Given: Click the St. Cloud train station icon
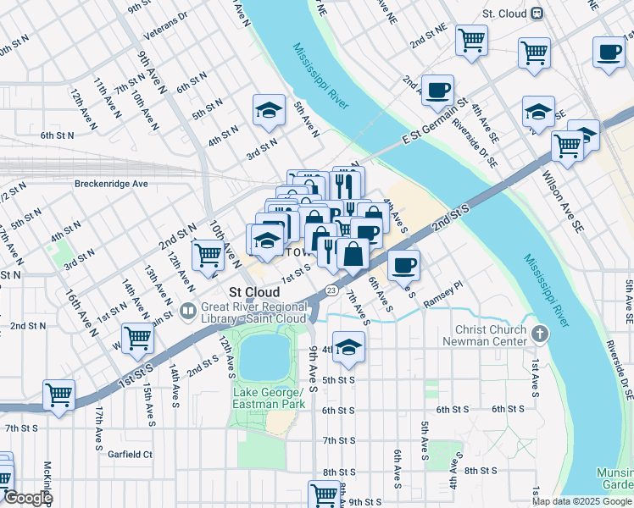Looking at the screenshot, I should tap(537, 14).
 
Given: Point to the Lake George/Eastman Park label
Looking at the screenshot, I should tap(266, 399).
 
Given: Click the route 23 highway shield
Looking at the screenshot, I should tap(331, 290).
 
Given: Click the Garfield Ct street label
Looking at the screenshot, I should tap(130, 455).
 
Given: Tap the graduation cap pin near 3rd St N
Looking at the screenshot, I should tap(269, 111).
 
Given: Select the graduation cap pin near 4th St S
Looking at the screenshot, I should tap(348, 346).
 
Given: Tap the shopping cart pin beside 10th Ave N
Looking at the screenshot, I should tap(208, 254).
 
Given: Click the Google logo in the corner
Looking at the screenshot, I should tap(27, 498).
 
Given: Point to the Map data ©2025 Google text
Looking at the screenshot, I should tap(581, 501).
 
